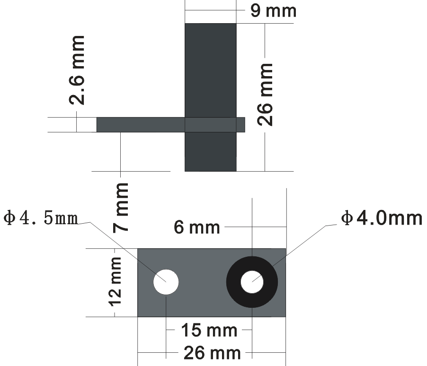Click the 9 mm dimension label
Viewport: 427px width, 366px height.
point(273,11)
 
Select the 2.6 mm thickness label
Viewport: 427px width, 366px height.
point(77,70)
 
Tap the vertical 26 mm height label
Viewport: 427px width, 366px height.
point(265,95)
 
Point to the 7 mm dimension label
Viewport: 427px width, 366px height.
point(120,208)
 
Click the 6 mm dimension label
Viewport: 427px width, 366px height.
point(196,227)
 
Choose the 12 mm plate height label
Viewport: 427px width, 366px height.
point(115,282)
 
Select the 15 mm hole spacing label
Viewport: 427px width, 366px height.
point(209,330)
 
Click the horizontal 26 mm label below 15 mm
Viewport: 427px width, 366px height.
point(212,353)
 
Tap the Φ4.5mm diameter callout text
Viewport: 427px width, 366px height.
point(41,218)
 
